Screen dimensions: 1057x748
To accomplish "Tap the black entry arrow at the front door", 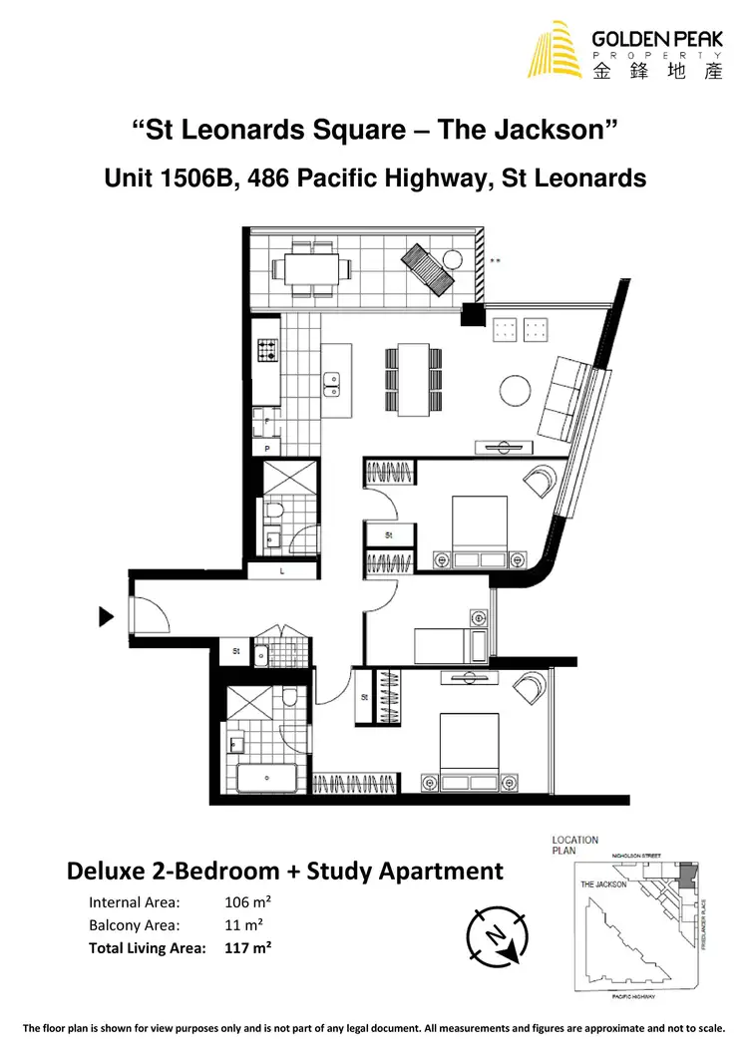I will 107,616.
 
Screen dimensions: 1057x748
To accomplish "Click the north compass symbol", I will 496,934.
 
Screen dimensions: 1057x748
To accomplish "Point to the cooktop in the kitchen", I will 267,351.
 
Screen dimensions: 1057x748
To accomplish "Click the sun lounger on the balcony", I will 425,266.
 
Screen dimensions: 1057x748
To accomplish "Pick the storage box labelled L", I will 283,571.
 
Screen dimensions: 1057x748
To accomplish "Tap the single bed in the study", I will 447,643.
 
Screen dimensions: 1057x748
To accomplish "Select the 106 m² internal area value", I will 249,902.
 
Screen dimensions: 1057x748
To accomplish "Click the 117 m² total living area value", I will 249,947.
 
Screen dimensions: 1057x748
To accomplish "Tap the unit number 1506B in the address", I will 190,178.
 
